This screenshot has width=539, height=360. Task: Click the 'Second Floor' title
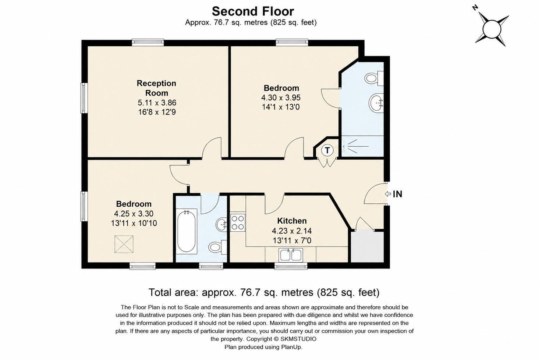pos(253,11)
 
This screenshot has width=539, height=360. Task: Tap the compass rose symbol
pos(492,29)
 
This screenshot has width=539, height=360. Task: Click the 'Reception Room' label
pos(157,88)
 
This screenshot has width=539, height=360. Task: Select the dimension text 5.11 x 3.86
pos(157,103)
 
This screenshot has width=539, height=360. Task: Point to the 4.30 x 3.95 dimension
pos(281,98)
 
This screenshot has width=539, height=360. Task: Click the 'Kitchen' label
pos(292,221)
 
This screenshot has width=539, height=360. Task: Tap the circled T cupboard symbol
pos(327,150)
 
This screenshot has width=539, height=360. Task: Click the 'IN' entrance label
pos(397,194)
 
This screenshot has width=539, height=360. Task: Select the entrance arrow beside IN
pos(388,194)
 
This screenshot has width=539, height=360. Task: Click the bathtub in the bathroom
pos(186,231)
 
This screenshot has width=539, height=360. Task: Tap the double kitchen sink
pos(291,255)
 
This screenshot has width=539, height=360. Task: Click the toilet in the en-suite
pos(374,78)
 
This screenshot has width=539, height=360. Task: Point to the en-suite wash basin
pos(376,103)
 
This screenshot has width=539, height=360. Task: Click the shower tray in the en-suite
pos(363,146)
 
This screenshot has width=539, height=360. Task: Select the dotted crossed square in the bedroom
pos(124,244)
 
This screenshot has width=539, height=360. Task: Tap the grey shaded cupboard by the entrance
pos(367,246)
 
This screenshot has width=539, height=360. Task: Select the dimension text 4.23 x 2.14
pos(292,231)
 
